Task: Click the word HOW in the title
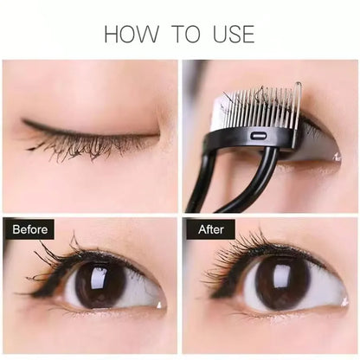click(x=132, y=34)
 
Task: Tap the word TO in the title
click(x=186, y=34)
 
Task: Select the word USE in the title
click(x=234, y=34)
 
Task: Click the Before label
click(x=29, y=229)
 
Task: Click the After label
click(x=211, y=229)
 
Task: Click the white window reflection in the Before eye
click(x=99, y=277)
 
